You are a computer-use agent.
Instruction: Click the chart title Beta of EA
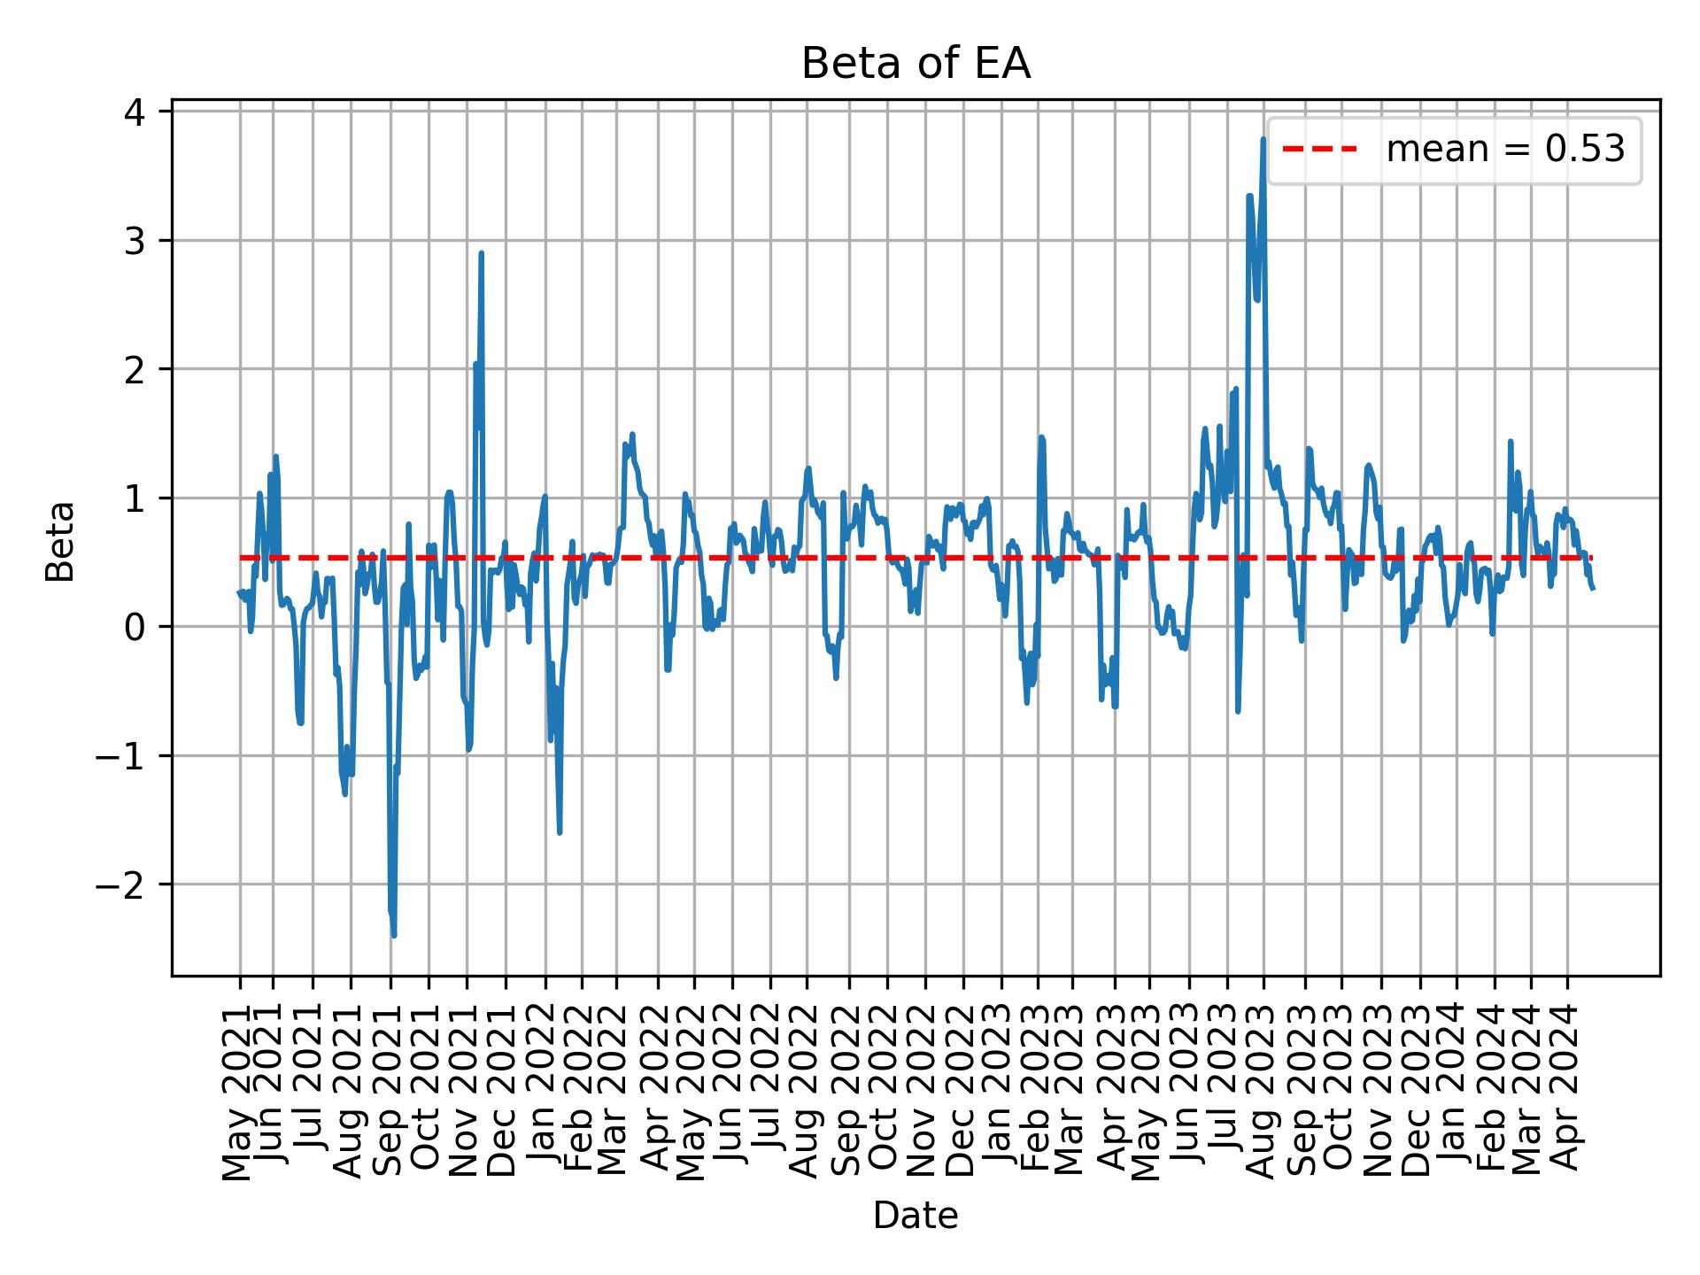coord(916,65)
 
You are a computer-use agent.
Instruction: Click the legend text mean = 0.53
coord(1505,151)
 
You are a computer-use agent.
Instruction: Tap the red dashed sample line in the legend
coord(1319,151)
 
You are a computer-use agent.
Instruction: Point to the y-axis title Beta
coord(60,541)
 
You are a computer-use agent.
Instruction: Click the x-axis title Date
coord(916,1217)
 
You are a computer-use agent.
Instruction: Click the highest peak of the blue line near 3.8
coord(1263,140)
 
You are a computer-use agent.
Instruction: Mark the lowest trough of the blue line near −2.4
coord(394,935)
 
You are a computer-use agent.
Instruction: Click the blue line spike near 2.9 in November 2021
coord(481,254)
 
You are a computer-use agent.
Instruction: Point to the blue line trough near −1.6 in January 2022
coord(560,831)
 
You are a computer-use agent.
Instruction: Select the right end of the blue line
coord(1593,589)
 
